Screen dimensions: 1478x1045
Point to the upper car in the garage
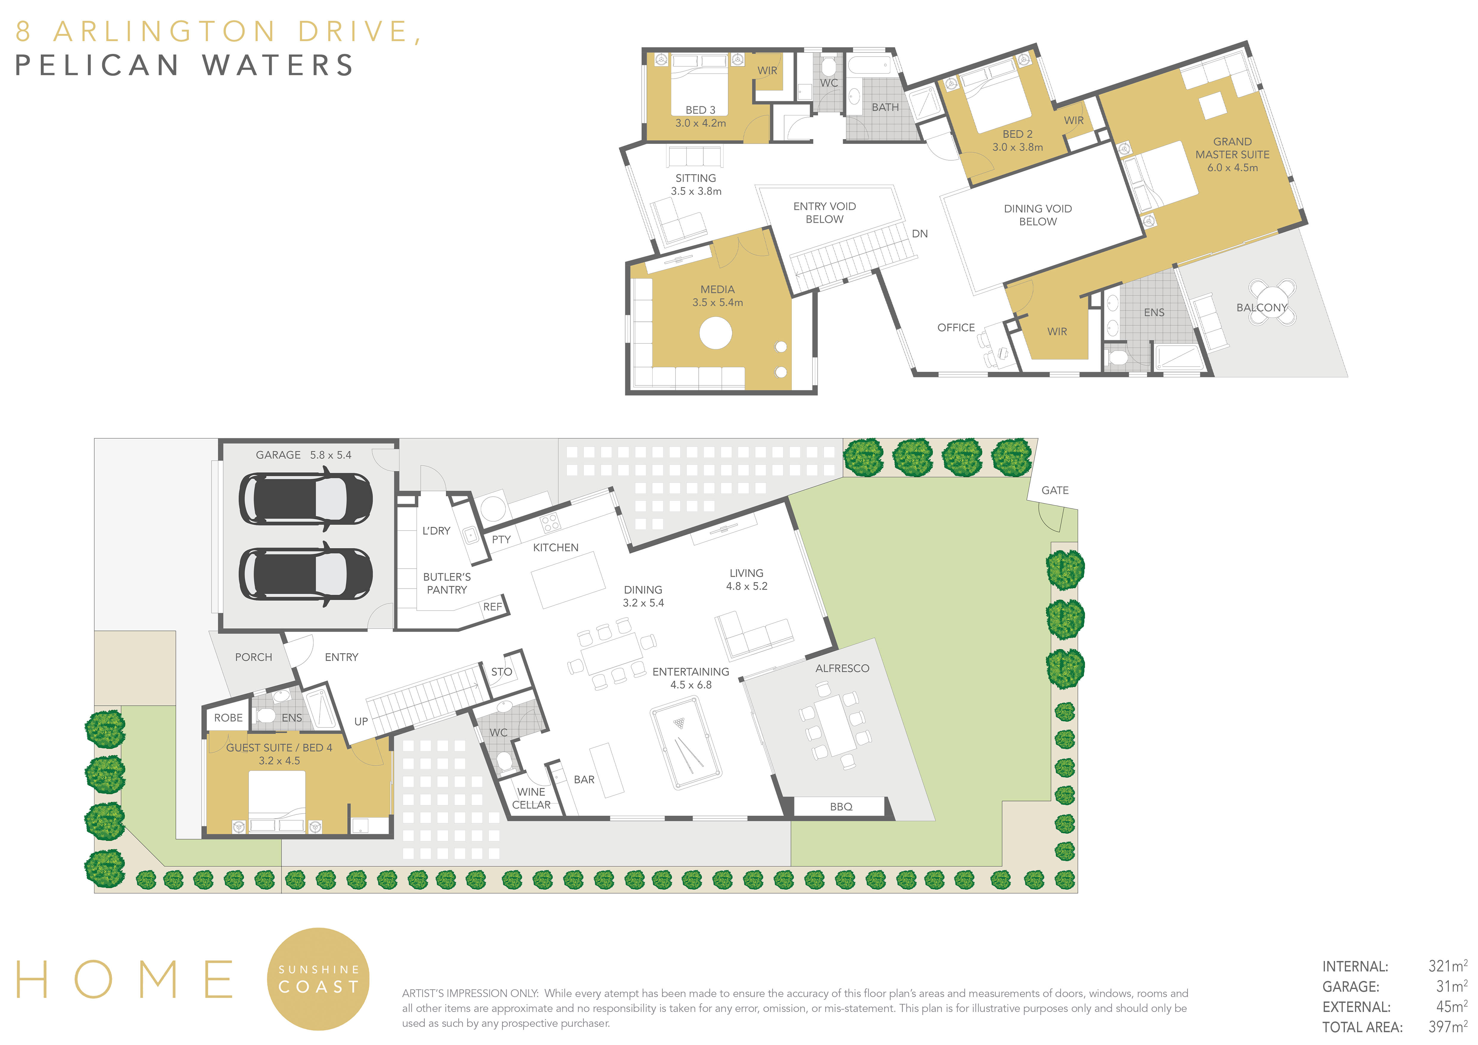(306, 499)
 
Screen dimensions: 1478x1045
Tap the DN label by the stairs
(920, 234)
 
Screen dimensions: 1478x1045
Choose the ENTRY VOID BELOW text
(824, 212)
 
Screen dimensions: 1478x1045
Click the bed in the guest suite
(277, 802)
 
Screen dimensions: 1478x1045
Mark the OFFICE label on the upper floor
(956, 328)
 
